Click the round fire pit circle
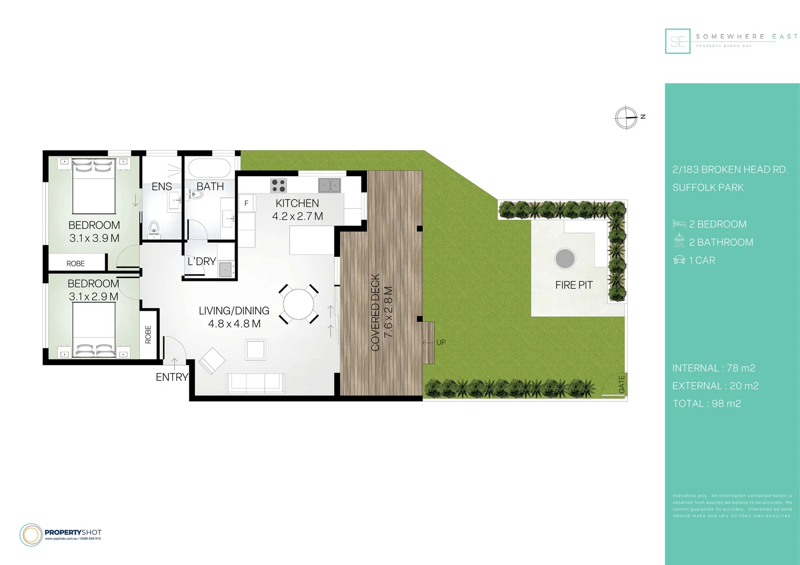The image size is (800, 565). pos(565,258)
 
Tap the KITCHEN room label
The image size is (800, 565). pos(297,204)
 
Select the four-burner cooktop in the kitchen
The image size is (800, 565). pos(278,186)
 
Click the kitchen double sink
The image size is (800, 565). pos(330,185)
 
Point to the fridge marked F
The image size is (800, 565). pos(246,204)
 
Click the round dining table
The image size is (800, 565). pos(299,304)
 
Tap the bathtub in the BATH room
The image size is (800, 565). pos(209,168)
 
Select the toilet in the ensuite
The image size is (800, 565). pos(154,229)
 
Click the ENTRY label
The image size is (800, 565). pos(172,377)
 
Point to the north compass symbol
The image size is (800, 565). pos(626,117)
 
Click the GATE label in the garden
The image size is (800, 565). pos(622,385)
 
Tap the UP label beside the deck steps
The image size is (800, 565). pos(441,343)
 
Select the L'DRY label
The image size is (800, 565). pos(202,262)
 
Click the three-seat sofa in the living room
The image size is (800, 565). pos(255,383)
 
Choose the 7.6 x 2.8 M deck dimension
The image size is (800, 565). pos(388,311)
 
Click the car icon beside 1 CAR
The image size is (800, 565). pos(679,260)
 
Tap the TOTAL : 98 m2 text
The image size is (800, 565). pos(706,404)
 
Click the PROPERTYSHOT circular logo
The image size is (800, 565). pos(31,535)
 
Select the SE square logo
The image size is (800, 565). pos(678,41)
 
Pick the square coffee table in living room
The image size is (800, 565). pos(256,349)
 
